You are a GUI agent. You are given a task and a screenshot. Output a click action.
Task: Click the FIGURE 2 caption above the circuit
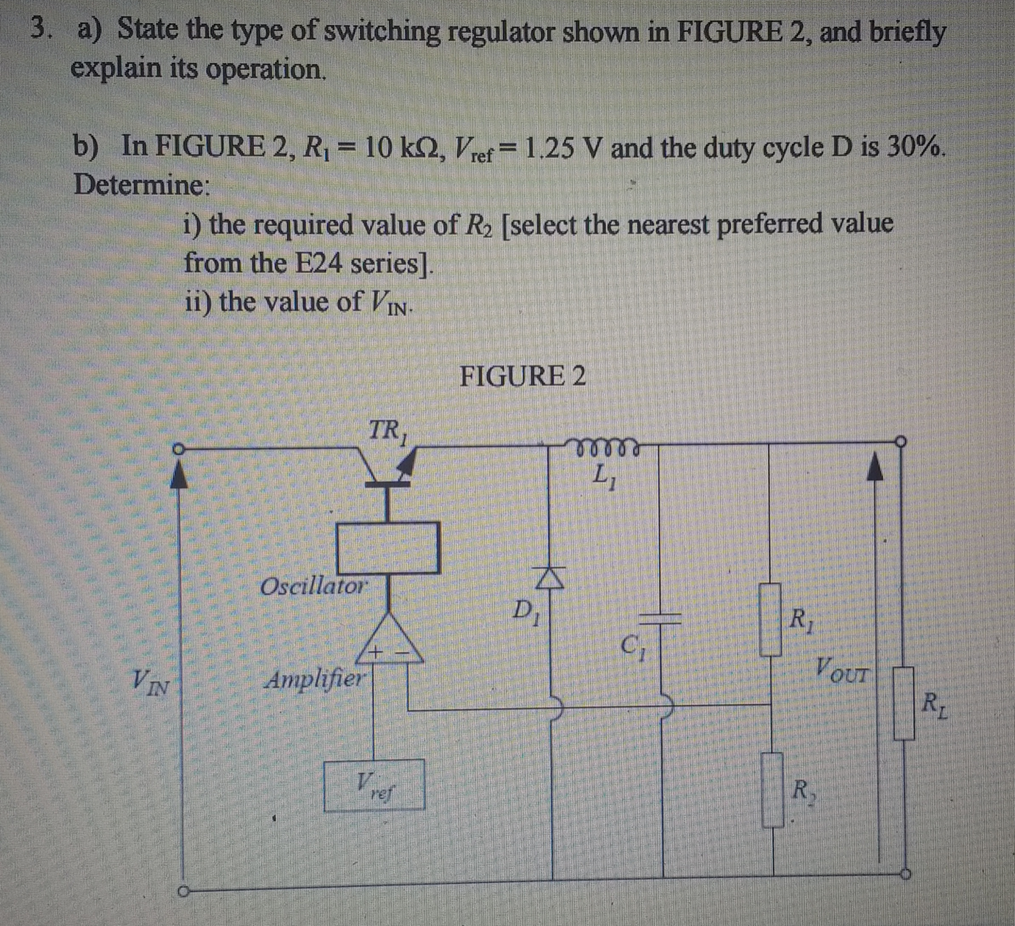[523, 376]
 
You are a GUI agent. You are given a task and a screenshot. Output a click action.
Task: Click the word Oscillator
[313, 586]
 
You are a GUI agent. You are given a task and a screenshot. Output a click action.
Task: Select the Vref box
[373, 785]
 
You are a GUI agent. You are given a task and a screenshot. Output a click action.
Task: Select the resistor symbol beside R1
[770, 619]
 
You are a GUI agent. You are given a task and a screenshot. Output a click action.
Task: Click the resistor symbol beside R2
[773, 789]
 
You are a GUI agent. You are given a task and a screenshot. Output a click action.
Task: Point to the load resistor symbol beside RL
[903, 702]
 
